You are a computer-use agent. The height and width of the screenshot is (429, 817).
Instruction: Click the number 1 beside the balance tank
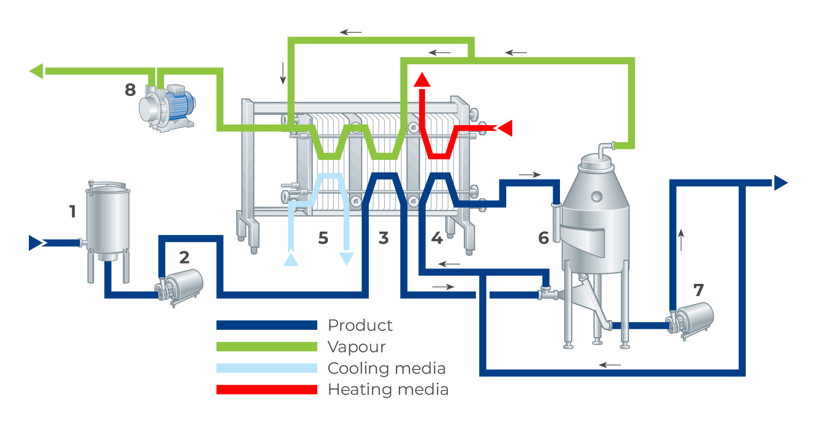pos(72,212)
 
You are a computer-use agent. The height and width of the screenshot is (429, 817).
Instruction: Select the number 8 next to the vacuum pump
pos(130,90)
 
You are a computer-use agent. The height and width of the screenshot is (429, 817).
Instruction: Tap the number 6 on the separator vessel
pos(543,238)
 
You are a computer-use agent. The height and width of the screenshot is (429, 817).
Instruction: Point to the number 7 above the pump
pos(699,290)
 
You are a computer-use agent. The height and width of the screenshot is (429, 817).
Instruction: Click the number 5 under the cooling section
pos(323,238)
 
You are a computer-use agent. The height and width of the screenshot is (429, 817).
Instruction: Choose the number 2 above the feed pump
pos(184,257)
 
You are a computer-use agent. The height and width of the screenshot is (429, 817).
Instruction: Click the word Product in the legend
pos(360,325)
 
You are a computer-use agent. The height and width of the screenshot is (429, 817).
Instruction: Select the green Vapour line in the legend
pos(267,346)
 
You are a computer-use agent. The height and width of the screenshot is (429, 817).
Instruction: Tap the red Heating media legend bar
pos(267,389)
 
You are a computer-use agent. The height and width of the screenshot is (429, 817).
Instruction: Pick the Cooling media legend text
pos(387,368)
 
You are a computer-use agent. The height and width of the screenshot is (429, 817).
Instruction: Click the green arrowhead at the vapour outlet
pos(37,71)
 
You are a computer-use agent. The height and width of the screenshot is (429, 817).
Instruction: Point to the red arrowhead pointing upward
pos(422,80)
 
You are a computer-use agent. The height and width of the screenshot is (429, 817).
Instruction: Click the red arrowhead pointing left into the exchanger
pos(505,128)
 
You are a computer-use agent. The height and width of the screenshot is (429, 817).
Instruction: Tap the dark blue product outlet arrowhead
pos(780,183)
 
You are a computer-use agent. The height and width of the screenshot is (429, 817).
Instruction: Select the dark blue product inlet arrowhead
pos(36,243)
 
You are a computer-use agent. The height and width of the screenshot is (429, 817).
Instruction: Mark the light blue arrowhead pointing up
pos(291,259)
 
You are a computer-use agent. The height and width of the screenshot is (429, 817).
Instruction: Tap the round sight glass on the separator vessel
pos(597,197)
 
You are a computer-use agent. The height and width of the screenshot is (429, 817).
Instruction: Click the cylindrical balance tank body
pos(108,220)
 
